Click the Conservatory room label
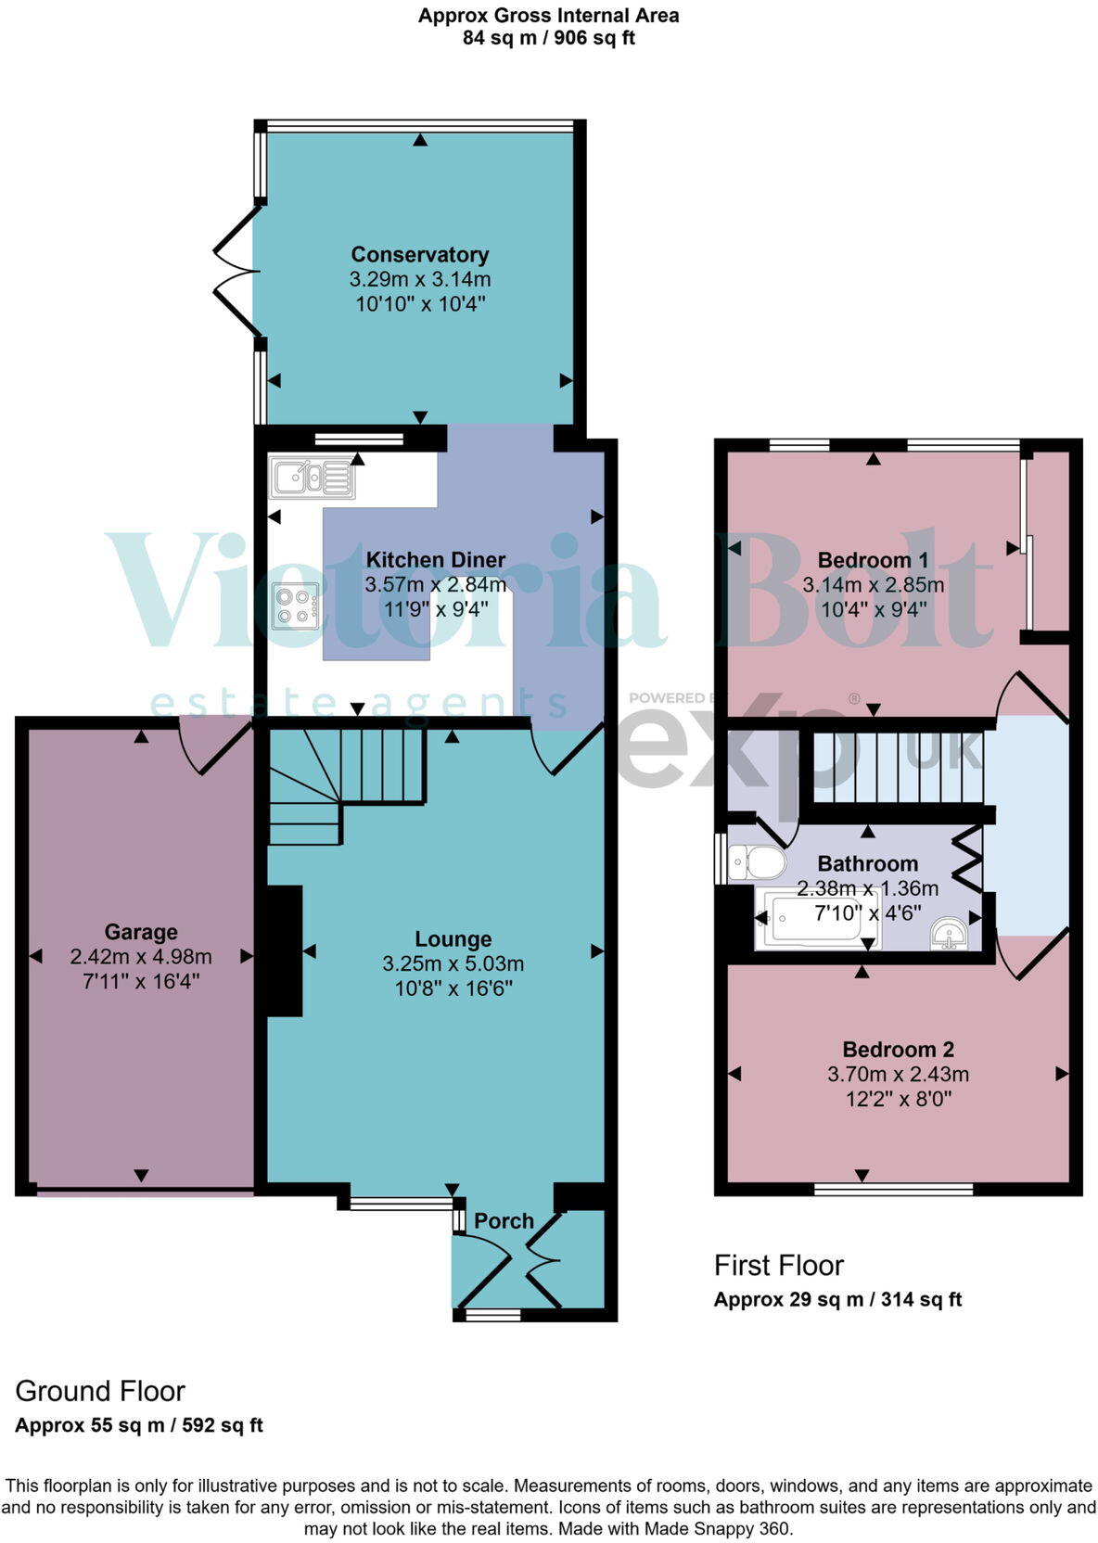(419, 255)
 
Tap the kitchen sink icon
(312, 478)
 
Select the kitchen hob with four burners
(296, 606)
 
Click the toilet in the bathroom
(756, 862)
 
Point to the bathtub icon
(816, 919)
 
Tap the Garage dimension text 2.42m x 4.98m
(141, 956)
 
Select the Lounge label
(453, 938)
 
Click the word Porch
(504, 1221)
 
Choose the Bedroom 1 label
(873, 560)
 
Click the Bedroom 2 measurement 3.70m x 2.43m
(898, 1075)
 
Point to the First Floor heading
(778, 1266)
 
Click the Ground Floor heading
(100, 1391)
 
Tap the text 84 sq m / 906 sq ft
(548, 38)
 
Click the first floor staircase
(895, 767)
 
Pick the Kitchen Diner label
(435, 560)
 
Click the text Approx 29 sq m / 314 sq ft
(837, 1299)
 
